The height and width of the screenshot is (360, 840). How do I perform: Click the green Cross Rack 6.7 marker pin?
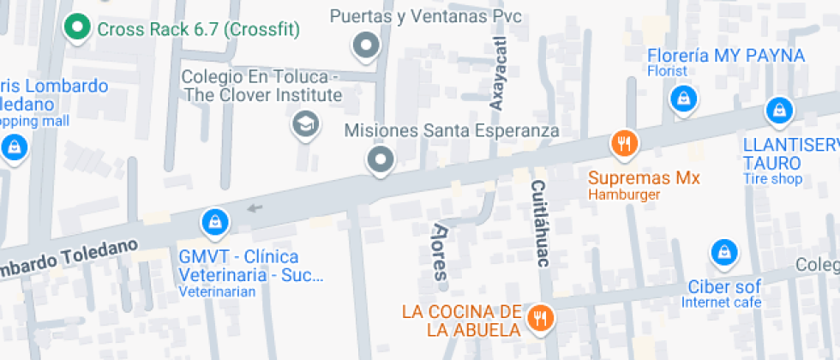[78, 27]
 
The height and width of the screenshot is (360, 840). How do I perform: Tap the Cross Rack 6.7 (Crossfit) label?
[198, 29]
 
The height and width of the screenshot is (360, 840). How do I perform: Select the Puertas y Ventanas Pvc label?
[425, 17]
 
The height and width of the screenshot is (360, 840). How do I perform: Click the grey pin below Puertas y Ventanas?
[368, 46]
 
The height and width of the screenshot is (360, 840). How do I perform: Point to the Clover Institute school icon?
[303, 124]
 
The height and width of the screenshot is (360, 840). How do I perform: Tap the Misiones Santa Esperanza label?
[451, 131]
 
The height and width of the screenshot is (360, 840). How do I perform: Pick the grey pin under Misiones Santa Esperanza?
[379, 159]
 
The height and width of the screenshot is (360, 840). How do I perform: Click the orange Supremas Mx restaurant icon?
[624, 143]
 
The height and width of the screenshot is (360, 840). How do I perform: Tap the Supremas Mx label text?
[644, 178]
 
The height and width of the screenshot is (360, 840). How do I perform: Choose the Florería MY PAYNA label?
[725, 57]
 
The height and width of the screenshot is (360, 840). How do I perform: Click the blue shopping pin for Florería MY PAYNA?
[682, 98]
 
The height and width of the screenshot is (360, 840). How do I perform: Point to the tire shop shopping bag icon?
[777, 109]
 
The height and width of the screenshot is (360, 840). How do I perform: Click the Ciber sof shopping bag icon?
[724, 253]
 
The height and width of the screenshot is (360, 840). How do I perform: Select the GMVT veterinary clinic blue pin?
[214, 222]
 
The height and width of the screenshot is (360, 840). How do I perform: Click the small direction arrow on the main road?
[255, 207]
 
